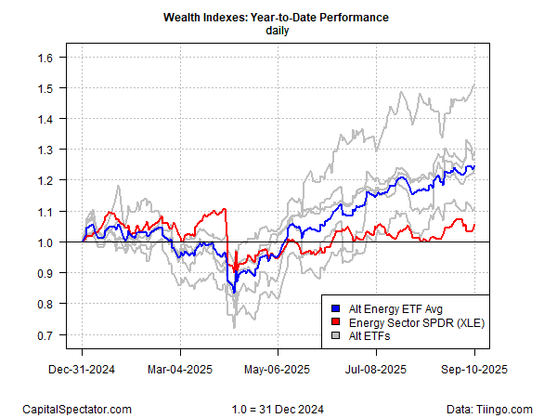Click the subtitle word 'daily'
(x=278, y=31)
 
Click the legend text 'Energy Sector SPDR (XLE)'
(x=409, y=320)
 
